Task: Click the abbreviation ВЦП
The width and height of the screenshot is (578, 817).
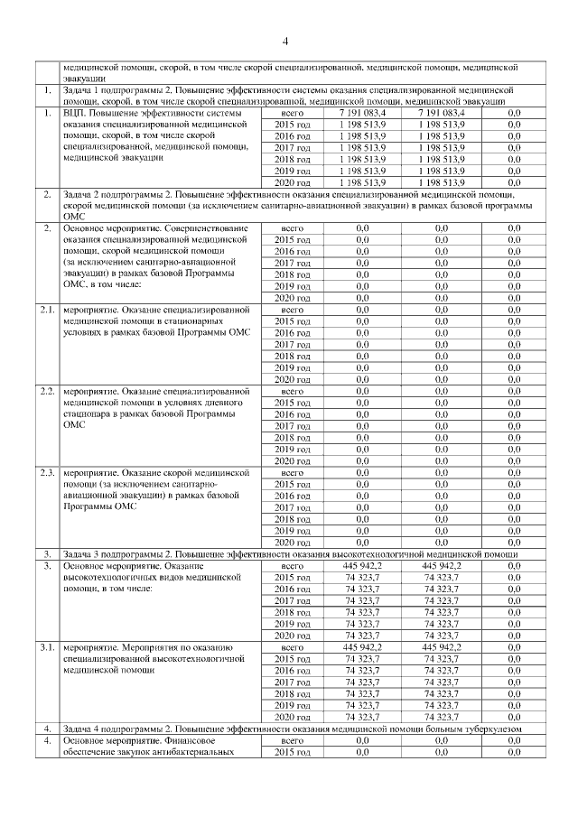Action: tap(75, 113)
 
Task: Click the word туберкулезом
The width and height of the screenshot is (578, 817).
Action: tap(492, 729)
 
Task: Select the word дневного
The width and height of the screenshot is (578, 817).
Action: tap(228, 403)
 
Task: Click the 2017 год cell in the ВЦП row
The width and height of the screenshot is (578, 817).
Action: tap(292, 147)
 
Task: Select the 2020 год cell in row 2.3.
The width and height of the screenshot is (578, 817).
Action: tap(292, 542)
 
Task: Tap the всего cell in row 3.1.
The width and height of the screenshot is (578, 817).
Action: tap(292, 647)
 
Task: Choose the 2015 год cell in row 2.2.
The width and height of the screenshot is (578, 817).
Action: tap(292, 403)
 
